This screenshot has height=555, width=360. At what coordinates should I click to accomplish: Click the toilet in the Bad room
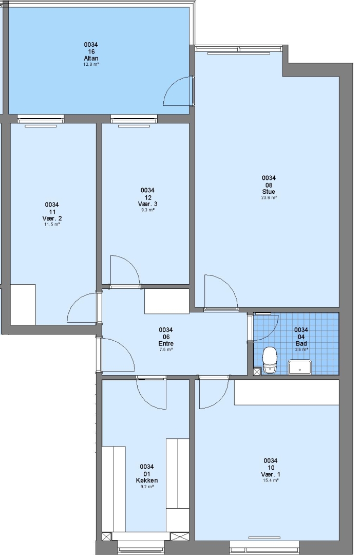point(270,360)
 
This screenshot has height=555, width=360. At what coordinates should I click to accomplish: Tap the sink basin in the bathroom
point(300,367)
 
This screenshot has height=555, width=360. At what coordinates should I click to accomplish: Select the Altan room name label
point(91,59)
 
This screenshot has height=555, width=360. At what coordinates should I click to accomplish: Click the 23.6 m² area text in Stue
point(269,197)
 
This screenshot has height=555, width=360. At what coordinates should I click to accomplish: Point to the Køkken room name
point(147,480)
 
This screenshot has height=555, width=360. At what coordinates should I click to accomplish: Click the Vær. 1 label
point(271,474)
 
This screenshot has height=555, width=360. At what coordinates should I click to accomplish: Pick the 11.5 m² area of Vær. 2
point(52,225)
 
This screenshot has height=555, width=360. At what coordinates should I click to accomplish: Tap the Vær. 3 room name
point(147,204)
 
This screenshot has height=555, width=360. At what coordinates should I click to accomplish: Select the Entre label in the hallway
point(166,343)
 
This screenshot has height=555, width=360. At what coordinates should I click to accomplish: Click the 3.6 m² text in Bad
point(301,349)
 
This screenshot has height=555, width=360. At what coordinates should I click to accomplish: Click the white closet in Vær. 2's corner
point(23,304)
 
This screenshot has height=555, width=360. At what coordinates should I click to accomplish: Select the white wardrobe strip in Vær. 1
point(287,392)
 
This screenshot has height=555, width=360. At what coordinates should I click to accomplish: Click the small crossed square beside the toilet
point(257,372)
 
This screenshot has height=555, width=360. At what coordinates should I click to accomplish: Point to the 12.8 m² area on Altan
point(91,64)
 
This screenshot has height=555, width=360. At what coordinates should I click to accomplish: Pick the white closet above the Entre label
point(166,301)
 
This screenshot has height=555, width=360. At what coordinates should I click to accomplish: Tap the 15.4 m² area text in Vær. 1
point(271,480)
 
